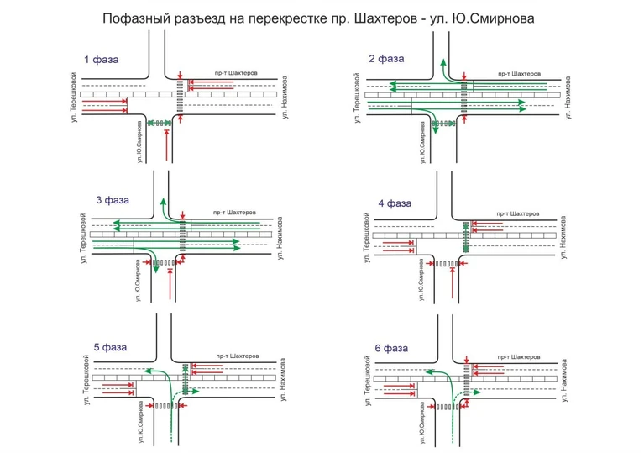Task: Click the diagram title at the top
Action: tap(322, 18)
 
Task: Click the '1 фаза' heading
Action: tap(101, 60)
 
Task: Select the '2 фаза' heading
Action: tap(386, 59)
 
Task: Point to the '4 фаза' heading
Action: tap(395, 203)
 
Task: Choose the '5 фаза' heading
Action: tap(110, 346)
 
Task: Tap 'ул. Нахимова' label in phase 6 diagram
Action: tap(569, 386)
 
